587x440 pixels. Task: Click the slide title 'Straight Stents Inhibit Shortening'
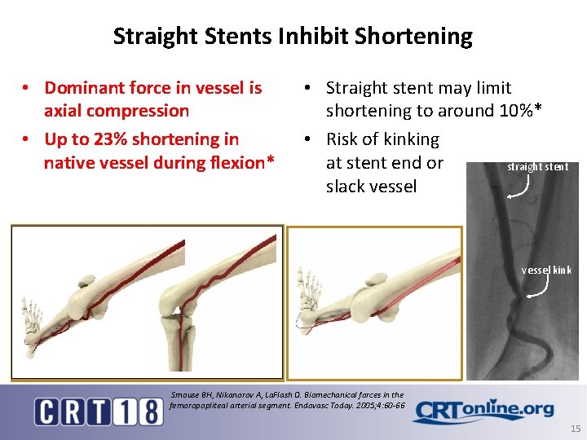[x=293, y=37]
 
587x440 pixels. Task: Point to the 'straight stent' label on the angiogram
[x=537, y=167]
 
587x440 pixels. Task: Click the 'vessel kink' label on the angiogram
[x=546, y=270]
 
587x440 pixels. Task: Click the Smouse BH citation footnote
[x=287, y=400]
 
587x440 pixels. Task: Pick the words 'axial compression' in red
[x=117, y=111]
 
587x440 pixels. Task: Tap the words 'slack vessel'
[x=371, y=186]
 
